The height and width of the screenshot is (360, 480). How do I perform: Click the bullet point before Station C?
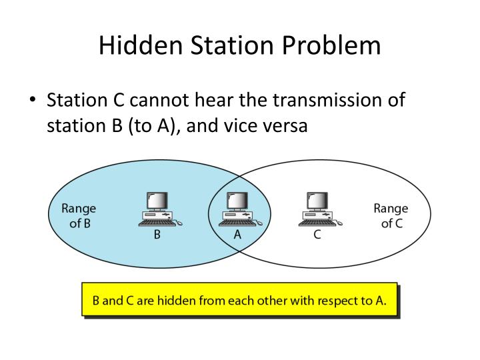tap(33, 101)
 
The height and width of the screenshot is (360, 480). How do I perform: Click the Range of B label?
tap(79, 215)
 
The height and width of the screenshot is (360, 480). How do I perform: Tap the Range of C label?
tap(391, 215)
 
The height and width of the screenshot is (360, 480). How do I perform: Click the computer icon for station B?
tap(158, 209)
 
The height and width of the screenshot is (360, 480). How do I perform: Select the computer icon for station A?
tap(237, 209)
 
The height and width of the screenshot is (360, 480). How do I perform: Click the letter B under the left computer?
tap(157, 235)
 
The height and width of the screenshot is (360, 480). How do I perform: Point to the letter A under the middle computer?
tap(237, 235)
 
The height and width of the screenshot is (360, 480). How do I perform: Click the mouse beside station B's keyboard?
tap(179, 224)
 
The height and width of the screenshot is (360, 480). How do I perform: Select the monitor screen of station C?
tap(318, 201)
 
